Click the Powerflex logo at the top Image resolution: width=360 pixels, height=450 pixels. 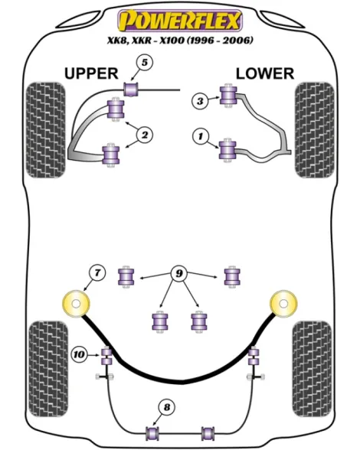tap(180, 21)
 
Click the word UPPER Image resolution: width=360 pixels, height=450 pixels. tap(91, 73)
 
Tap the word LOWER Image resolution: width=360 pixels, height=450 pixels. tap(265, 73)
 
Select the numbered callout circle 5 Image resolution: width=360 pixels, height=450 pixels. tap(145, 62)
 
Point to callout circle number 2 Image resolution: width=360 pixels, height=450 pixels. tap(145, 135)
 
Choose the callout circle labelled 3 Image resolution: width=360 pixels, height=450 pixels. tap(200, 101)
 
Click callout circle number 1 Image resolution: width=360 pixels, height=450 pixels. tap(200, 135)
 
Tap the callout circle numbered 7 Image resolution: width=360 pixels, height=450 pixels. tap(97, 272)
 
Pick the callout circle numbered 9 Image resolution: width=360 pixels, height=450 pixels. tap(178, 273)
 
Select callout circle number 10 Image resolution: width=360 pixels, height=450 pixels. tap(79, 355)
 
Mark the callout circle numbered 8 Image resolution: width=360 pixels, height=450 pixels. tap(167, 407)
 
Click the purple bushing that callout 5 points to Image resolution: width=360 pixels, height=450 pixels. tap(131, 90)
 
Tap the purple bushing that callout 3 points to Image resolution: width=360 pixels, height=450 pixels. tap(228, 96)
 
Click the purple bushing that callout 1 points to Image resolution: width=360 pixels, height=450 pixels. tap(227, 149)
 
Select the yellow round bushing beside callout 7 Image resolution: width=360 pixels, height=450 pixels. tap(76, 304)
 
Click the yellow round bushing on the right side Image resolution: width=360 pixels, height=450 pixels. tap(283, 304)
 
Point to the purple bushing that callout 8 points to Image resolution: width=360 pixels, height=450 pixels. tap(152, 433)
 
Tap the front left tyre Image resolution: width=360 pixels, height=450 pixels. tap(45, 130)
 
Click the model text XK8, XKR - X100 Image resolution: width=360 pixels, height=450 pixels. tap(146, 40)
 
